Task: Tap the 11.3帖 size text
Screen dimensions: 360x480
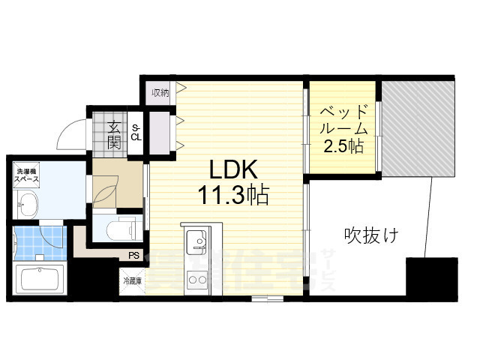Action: point(232,196)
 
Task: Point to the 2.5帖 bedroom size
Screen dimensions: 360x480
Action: point(343,145)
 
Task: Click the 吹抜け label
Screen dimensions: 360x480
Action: point(371,235)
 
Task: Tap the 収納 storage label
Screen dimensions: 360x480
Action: point(160,93)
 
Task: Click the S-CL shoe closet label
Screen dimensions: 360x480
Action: point(136,133)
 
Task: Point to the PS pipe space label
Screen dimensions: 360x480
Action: point(133,256)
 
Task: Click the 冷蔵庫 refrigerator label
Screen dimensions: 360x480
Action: point(132,281)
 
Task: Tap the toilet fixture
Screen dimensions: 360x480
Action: point(119,227)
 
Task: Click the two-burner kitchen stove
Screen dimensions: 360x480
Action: point(197,281)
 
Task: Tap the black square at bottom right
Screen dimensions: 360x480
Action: point(431,277)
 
